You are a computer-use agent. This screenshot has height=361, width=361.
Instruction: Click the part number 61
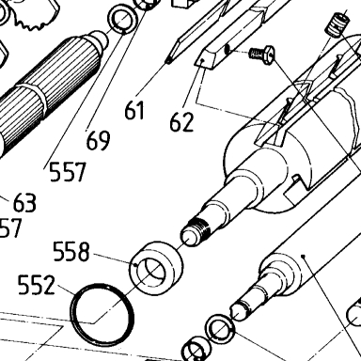click(x=134, y=110)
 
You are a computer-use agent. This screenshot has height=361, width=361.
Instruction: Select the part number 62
click(x=181, y=122)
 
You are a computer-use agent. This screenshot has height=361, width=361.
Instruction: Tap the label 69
click(x=98, y=140)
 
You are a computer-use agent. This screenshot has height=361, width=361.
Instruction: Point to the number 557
click(x=68, y=172)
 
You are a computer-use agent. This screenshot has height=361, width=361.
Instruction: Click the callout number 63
click(x=24, y=202)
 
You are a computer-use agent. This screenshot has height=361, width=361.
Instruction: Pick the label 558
click(x=71, y=251)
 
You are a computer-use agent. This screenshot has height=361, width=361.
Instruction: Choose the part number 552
click(x=37, y=285)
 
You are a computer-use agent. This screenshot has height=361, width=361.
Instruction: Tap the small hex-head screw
click(x=262, y=54)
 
